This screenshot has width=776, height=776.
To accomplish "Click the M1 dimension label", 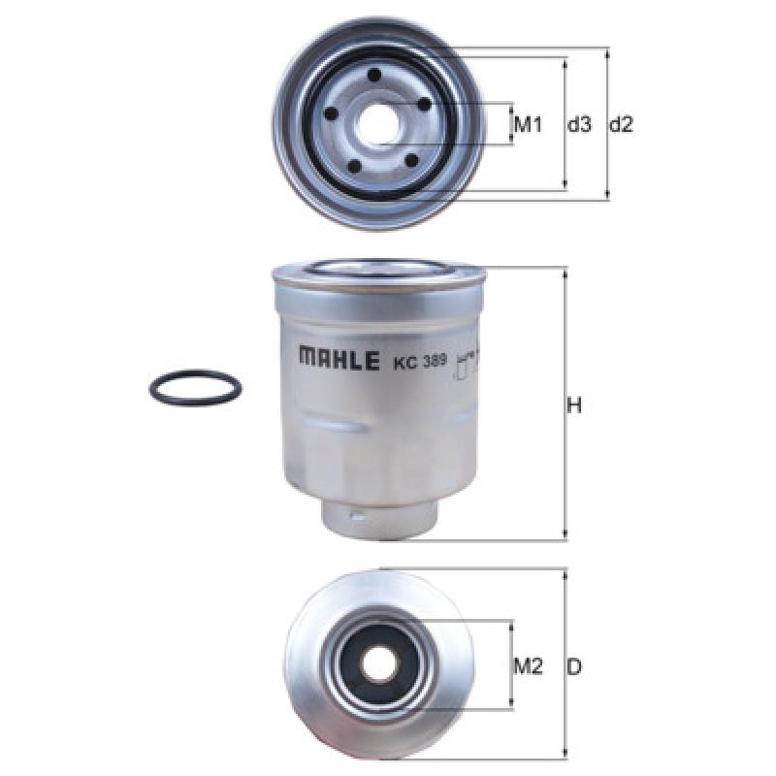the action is point(528,125).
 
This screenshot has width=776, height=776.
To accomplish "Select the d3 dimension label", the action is point(579,125).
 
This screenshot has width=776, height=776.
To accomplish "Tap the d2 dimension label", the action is point(621,125).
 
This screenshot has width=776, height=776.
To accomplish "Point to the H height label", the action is point(574,405).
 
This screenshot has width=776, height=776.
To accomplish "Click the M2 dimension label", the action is point(528,666).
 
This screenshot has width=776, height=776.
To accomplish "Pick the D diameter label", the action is point(574,667).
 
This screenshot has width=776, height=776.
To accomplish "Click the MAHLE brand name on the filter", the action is point(339,359).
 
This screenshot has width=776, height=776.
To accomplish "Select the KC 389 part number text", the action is point(420,361).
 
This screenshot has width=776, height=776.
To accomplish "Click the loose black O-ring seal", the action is point(196,386).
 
